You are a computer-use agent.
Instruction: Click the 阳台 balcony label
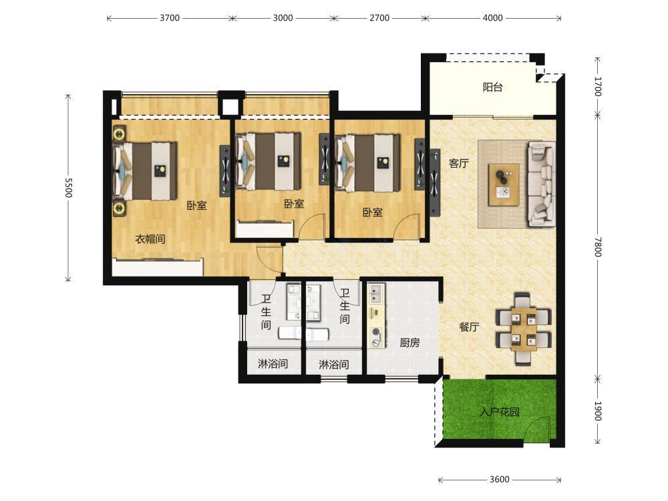493,88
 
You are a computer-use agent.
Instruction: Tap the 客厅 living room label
459,163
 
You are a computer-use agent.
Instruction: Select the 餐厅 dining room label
469,327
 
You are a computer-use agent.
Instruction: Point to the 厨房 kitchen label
410,343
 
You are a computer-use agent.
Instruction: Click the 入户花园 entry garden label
499,412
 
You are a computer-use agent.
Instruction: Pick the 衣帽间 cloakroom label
150,239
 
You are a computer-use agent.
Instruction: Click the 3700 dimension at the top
170,18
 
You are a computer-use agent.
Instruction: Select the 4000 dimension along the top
492,18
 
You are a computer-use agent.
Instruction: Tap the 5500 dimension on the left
68,188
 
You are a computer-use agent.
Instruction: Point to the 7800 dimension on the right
597,246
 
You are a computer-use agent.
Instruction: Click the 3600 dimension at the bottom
499,479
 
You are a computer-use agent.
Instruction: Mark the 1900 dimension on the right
597,411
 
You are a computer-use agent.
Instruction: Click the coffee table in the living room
504,184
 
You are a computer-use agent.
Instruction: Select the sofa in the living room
542,184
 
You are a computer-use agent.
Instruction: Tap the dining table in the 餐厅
524,328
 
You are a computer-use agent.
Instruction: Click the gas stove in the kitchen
376,337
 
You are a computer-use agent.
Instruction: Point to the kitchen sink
376,291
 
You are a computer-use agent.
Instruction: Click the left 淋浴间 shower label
273,364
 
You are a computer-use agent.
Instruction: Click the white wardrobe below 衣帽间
157,268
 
